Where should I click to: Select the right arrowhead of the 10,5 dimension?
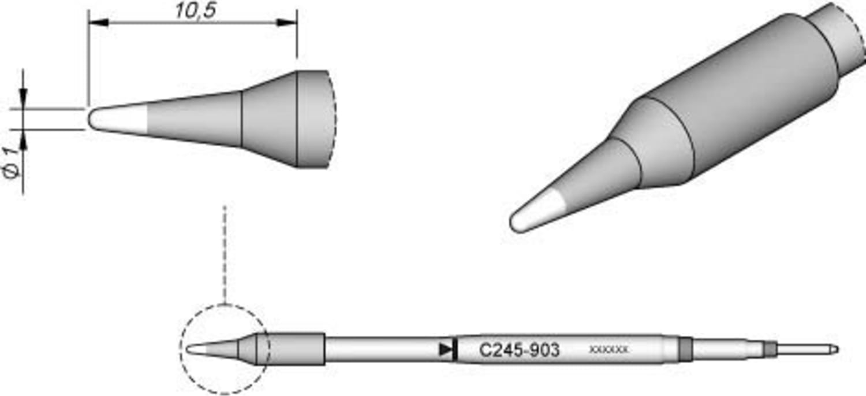287,23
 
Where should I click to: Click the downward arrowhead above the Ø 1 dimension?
23,99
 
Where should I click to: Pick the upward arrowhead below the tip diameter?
23,138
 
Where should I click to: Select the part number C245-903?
519,350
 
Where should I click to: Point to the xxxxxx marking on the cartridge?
608,350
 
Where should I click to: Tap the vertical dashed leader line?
225,254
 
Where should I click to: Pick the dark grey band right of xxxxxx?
685,349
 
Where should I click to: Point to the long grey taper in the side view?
193,119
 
